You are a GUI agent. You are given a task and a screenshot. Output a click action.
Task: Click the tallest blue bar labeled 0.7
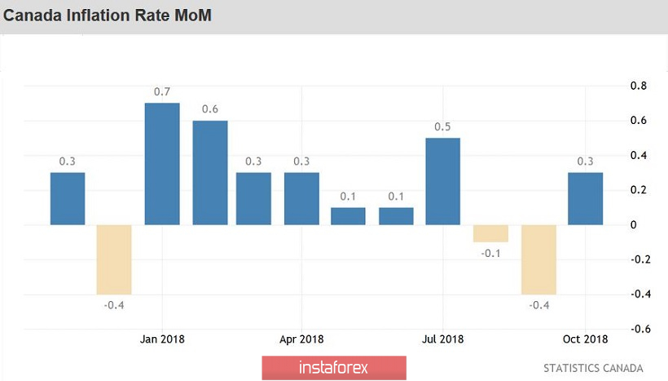(162, 163)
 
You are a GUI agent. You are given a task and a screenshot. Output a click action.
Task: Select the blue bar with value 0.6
(209, 172)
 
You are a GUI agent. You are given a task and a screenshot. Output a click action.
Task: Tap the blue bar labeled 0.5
(443, 181)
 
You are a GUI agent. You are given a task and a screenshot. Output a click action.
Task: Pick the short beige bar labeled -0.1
(490, 233)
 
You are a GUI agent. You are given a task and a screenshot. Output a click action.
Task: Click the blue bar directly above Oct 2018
(586, 198)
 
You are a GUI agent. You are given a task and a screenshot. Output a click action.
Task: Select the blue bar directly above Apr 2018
(301, 198)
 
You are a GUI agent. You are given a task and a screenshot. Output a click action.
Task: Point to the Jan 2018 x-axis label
(161, 339)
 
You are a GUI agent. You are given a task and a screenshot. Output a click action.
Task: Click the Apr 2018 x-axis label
(301, 339)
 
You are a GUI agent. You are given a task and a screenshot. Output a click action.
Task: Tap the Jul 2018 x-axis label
(443, 339)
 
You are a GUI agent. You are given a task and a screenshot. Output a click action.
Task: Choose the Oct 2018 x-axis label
(585, 339)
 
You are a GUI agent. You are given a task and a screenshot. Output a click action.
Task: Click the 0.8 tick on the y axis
(639, 86)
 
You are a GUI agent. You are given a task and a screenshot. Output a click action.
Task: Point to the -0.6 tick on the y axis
(638, 329)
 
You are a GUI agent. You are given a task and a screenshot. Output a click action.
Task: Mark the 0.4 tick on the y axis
(639, 155)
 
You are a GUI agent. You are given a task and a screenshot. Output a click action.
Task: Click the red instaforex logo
(334, 368)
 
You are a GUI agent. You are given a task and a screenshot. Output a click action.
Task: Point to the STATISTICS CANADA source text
(593, 368)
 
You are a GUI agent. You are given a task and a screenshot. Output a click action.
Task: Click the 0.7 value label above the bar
(162, 91)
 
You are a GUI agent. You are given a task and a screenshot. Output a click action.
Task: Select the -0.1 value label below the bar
(490, 253)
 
